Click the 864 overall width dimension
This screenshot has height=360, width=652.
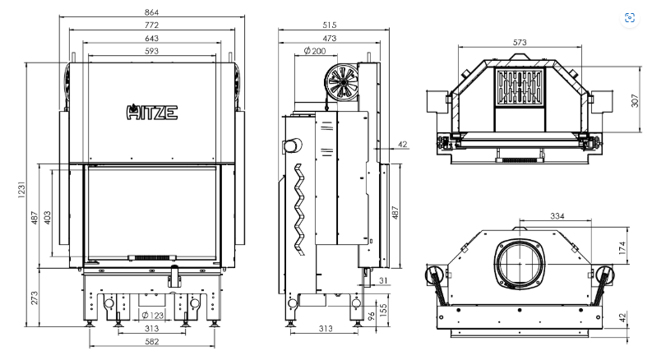click(x=152, y=12)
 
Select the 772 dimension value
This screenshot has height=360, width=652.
click(x=152, y=25)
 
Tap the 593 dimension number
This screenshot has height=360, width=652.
click(x=152, y=51)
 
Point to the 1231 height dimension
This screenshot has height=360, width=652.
click(x=21, y=189)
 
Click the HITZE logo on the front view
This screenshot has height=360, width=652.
click(x=152, y=112)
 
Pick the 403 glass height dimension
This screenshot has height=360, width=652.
click(x=47, y=218)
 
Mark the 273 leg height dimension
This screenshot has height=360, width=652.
click(x=34, y=298)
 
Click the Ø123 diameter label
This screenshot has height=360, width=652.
click(x=153, y=315)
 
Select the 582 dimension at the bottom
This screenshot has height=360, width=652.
click(x=152, y=342)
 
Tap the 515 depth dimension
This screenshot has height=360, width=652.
click(x=330, y=25)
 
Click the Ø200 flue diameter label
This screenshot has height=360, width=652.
click(x=315, y=51)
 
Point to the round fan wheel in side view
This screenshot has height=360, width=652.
click(x=343, y=82)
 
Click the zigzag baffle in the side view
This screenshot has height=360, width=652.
click(x=299, y=210)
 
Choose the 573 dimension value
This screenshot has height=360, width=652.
click(x=520, y=42)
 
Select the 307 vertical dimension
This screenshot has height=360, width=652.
click(x=635, y=100)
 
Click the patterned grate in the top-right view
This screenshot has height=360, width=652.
click(x=520, y=87)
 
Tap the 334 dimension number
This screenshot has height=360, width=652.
click(x=557, y=215)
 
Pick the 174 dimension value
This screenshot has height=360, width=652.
click(x=622, y=247)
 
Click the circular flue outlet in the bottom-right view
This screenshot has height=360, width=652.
click(x=520, y=264)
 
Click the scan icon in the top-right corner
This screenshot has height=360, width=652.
click(x=630, y=18)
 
